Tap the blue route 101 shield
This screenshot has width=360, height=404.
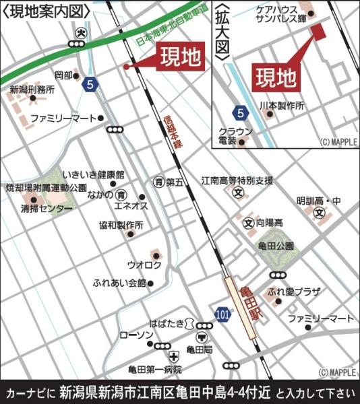click(x=222, y=314)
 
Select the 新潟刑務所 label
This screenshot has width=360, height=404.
click(x=32, y=90)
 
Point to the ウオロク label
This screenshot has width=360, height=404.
click(x=144, y=265)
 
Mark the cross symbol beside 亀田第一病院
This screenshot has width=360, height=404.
click(x=174, y=356)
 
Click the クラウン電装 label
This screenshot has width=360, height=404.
click(x=235, y=136)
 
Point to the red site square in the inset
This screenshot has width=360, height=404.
click(x=317, y=30)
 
